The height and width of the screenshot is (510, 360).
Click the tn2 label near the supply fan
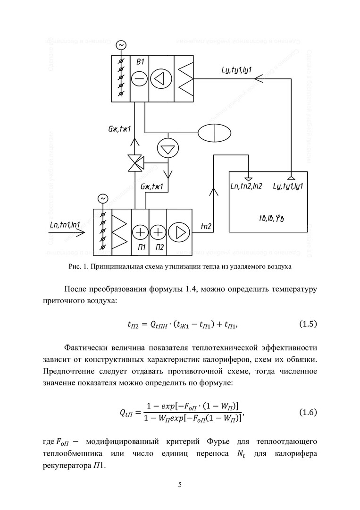pyautogui.click(x=206, y=227)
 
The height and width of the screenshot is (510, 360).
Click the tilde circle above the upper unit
pyautogui.click(x=121, y=45)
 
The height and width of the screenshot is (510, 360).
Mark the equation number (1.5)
pyautogui.click(x=308, y=324)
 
